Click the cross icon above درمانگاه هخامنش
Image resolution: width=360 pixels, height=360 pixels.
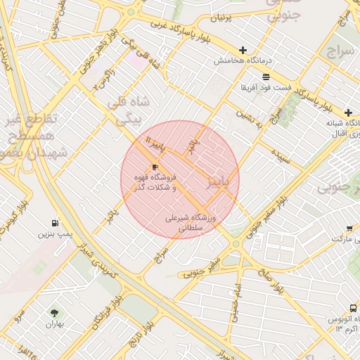pyautogui.click(x=243, y=50)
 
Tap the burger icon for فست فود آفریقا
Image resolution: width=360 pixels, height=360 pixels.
pyautogui.click(x=266, y=77)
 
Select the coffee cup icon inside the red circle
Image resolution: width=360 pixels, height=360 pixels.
pyautogui.click(x=155, y=167)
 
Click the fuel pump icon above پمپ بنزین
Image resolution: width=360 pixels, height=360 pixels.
pyautogui.click(x=56, y=221)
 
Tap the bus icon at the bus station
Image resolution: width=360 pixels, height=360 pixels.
pyautogui.click(x=353, y=308)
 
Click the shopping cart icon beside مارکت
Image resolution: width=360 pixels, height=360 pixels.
pyautogui.click(x=349, y=228)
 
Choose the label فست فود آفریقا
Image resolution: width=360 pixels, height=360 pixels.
pyautogui.click(x=264, y=87)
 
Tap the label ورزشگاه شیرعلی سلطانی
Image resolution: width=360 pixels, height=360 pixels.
pyautogui.click(x=192, y=223)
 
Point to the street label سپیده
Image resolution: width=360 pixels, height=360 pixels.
pyautogui.click(x=283, y=158)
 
